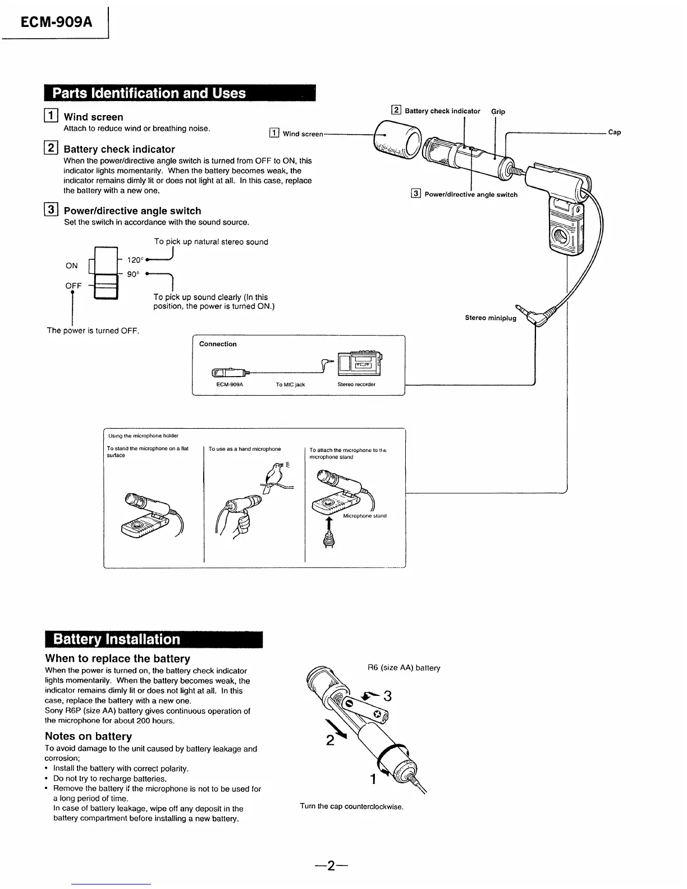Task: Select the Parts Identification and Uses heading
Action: click(149, 93)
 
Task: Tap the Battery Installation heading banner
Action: click(117, 639)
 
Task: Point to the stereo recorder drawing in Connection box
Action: click(360, 364)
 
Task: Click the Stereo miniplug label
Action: click(490, 318)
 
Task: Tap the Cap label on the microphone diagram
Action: click(615, 132)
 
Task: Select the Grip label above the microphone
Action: click(498, 112)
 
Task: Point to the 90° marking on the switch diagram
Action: click(133, 274)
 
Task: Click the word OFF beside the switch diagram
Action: click(74, 286)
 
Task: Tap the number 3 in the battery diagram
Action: click(386, 696)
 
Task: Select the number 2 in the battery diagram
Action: click(331, 741)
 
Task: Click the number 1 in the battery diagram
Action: click(373, 779)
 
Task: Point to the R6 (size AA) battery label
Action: click(404, 668)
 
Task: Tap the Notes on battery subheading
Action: click(88, 736)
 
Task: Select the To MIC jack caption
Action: click(290, 384)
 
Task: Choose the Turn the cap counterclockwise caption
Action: click(351, 806)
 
